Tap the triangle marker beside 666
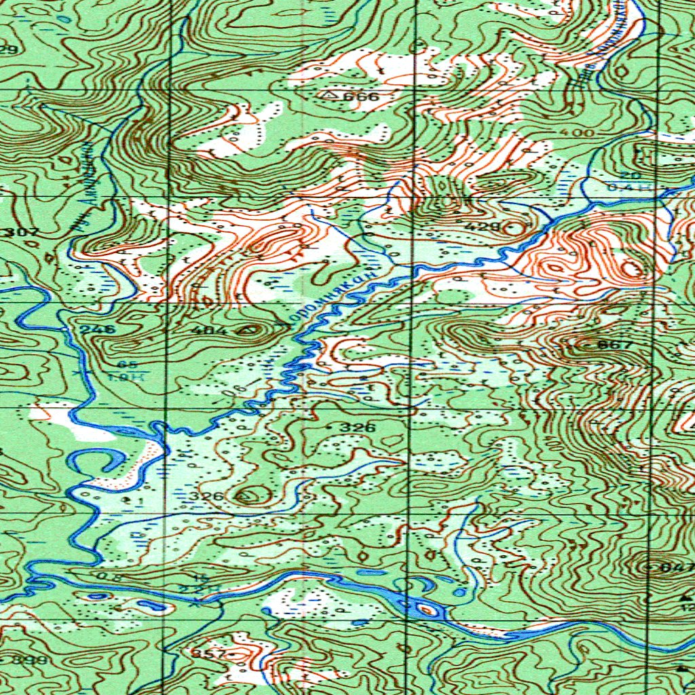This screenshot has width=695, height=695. point(331,95)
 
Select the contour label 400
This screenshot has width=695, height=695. point(578,132)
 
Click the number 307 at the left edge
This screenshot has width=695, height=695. point(22,233)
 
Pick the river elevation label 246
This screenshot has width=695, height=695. point(98,329)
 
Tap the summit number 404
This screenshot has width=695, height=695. point(210,331)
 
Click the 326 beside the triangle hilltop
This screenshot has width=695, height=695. point(206,497)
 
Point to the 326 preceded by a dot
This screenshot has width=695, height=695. point(357,428)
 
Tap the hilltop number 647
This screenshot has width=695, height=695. point(679,567)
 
